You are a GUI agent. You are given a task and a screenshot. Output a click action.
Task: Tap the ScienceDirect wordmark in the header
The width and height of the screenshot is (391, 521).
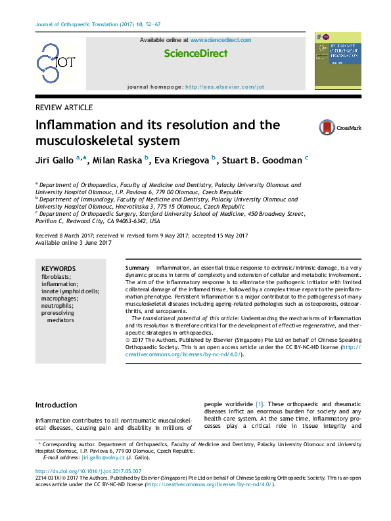click(x=196, y=54)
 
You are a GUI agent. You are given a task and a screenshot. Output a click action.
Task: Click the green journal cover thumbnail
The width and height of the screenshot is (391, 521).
click(x=338, y=62)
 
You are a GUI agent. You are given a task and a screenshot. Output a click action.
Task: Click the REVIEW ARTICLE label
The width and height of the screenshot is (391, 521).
click(x=64, y=108)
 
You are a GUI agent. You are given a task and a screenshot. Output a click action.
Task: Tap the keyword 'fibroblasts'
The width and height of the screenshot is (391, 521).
click(x=57, y=277)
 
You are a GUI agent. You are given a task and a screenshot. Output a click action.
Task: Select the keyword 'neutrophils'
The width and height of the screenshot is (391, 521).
click(x=57, y=306)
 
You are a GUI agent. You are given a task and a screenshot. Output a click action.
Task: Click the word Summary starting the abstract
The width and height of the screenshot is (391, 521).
click(x=137, y=270)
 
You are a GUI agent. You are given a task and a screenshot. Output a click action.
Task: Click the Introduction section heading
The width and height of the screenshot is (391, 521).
click(x=56, y=405)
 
